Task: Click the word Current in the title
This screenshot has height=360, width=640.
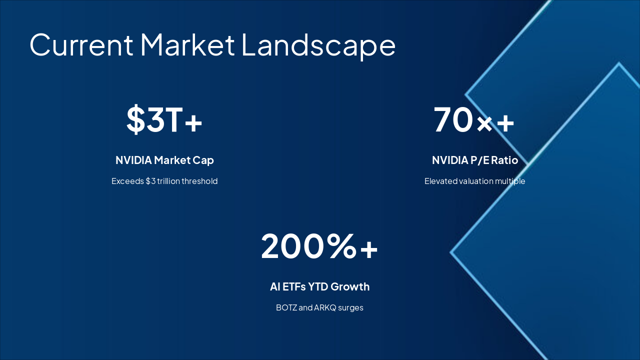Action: pos(81,44)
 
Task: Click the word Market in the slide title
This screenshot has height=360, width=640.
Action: pos(187,44)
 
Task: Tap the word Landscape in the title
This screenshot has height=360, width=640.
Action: pos(318,44)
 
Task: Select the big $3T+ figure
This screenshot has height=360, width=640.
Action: pos(164,120)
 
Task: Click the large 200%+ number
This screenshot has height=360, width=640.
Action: pos(319,246)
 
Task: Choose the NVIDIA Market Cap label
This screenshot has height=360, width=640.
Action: pos(164,160)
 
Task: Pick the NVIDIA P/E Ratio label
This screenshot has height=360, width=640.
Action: pos(474,160)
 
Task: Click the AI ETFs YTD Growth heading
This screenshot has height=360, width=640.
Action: pos(319,286)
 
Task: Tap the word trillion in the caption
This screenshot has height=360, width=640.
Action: pos(168,181)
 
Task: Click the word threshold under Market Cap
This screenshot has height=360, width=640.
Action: pos(199,181)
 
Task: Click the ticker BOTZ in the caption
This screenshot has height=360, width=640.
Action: pos(286,307)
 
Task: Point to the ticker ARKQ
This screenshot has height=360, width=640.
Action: pos(325,307)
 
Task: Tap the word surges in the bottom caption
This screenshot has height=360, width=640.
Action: pos(351,307)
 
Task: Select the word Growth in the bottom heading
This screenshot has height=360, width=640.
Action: pos(350,286)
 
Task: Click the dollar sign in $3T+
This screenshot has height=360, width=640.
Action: pos(135,120)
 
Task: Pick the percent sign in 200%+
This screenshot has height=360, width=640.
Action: pos(342,246)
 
